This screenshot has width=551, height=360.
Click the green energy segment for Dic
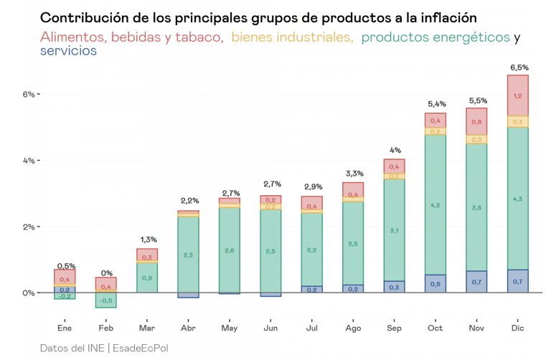pyautogui.click(x=518, y=198)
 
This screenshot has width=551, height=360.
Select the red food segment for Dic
pyautogui.click(x=518, y=95)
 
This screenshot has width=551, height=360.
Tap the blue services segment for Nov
pyautogui.click(x=476, y=282)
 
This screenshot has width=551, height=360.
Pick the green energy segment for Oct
pyautogui.click(x=435, y=204)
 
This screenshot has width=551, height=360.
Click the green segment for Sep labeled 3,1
pyautogui.click(x=394, y=229)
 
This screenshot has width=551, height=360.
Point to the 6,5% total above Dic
pyautogui.click(x=518, y=67)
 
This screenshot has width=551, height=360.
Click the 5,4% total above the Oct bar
pyautogui.click(x=435, y=105)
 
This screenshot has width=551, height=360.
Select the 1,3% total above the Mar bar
pyautogui.click(x=147, y=240)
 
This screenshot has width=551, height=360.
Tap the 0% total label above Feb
pyautogui.click(x=106, y=273)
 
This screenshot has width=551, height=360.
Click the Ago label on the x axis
pyautogui.click(x=352, y=328)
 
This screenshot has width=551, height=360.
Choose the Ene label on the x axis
pyautogui.click(x=65, y=328)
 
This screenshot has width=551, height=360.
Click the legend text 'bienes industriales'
pyautogui.click(x=292, y=37)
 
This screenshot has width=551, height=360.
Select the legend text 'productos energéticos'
pyautogui.click(x=436, y=37)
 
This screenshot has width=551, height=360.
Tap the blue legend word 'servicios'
pyautogui.click(x=69, y=51)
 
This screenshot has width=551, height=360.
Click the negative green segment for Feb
pyautogui.click(x=106, y=300)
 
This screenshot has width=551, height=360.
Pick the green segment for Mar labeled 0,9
pyautogui.click(x=147, y=278)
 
